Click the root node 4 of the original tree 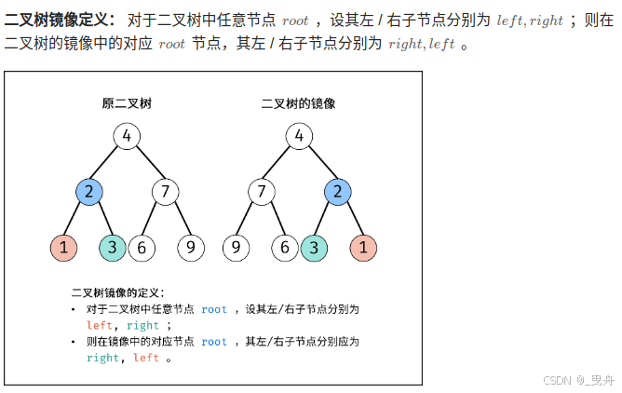[x=127, y=137]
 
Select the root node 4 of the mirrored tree [x=299, y=137]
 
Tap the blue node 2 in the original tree [x=88, y=193]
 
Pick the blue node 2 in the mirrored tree [x=337, y=193]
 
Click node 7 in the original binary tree [x=165, y=193]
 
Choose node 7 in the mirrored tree [x=261, y=193]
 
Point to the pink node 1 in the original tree [x=63, y=248]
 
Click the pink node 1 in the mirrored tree [x=363, y=248]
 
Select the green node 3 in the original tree [x=113, y=248]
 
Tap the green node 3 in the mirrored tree [x=313, y=248]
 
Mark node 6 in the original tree [x=141, y=248]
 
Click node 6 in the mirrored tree [x=286, y=248]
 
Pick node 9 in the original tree [x=190, y=248]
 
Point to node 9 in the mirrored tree [x=236, y=248]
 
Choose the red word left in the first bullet [x=99, y=326]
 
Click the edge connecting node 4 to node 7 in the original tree [x=146, y=165]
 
